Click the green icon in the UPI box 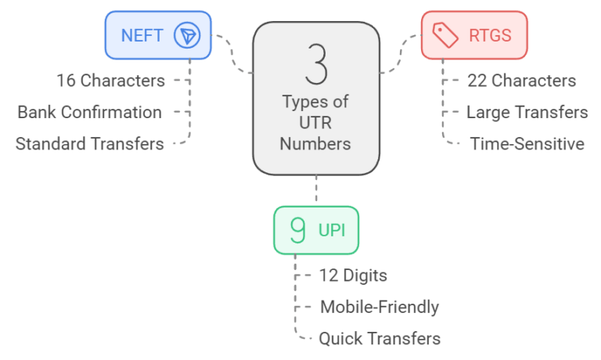(x=297, y=230)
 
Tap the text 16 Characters (x=110, y=80)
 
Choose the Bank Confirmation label (x=90, y=112)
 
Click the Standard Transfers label (x=90, y=144)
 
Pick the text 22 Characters (x=521, y=80)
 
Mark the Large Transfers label (x=527, y=112)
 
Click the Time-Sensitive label (x=527, y=144)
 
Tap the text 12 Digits (x=352, y=275)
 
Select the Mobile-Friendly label (x=379, y=307)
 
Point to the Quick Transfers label (x=380, y=339)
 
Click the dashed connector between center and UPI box (x=316, y=190)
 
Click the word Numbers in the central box (x=315, y=144)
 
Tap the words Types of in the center (x=315, y=103)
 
